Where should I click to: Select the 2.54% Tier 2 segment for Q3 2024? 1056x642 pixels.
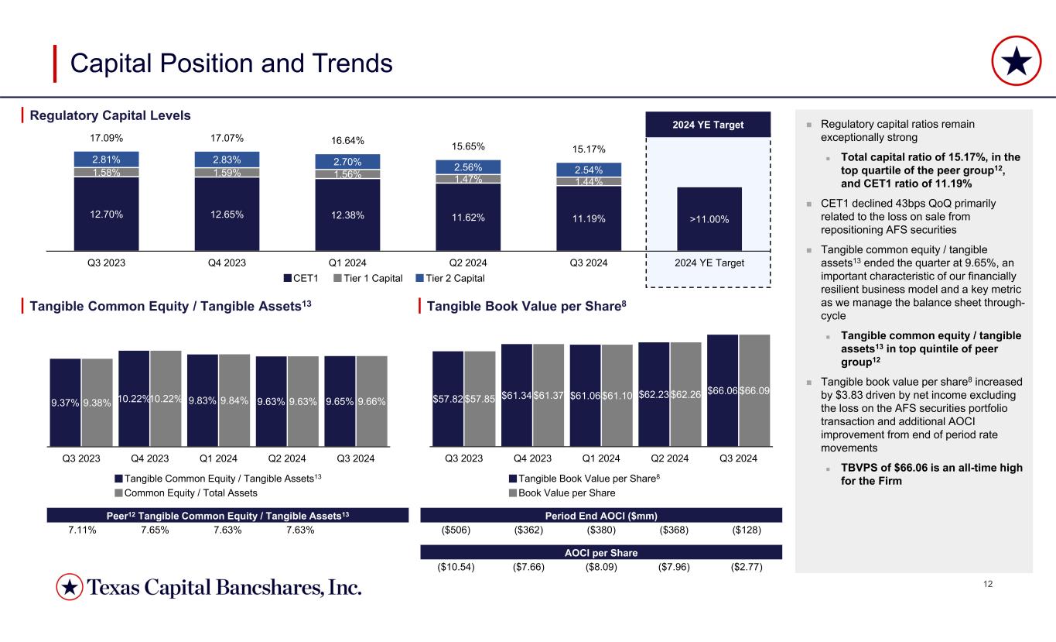pyautogui.click(x=589, y=170)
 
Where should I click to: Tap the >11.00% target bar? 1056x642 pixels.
pyautogui.click(x=709, y=218)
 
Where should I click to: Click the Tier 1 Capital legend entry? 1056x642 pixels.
pyautogui.click(x=367, y=278)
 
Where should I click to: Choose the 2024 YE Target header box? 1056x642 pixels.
pyautogui.click(x=709, y=124)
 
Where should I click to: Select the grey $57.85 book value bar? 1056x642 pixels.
pyautogui.click(x=480, y=399)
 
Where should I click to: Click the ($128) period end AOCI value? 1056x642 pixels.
pyautogui.click(x=746, y=530)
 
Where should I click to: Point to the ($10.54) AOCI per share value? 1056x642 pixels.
pyautogui.click(x=456, y=567)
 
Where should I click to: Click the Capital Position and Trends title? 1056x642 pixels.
pyautogui.click(x=231, y=64)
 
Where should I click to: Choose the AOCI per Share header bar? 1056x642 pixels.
pyautogui.click(x=601, y=552)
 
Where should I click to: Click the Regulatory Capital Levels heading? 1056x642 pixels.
pyautogui.click(x=110, y=116)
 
